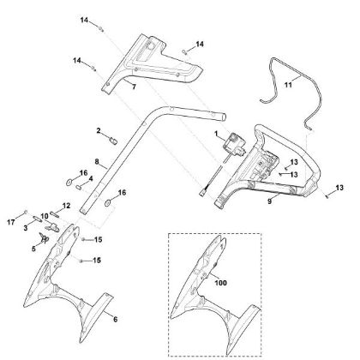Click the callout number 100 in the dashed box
220,283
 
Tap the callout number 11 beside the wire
288,85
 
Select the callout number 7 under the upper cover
134,87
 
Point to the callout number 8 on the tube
97,161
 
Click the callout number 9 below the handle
270,201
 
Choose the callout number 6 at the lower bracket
115,319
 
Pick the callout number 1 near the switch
216,134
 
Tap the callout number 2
99,131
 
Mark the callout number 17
11,222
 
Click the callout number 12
66,206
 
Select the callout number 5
33,249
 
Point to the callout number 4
91,179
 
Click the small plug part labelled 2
114,141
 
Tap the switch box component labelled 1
234,145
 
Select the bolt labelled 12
55,213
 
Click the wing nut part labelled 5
44,237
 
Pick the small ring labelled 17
26,212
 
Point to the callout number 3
26,228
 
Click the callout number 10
45,216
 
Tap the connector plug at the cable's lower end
202,192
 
